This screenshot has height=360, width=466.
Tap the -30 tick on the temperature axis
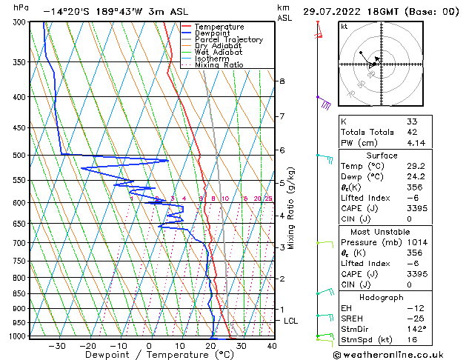(x=57, y=345)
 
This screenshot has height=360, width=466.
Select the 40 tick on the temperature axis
(x=272, y=345)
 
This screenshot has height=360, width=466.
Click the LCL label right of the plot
(x=291, y=321)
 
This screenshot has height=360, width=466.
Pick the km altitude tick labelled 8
(x=282, y=81)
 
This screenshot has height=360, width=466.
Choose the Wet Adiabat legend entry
(x=219, y=52)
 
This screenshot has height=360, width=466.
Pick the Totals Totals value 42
(x=412, y=132)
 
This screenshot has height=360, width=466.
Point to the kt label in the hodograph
(x=344, y=27)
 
